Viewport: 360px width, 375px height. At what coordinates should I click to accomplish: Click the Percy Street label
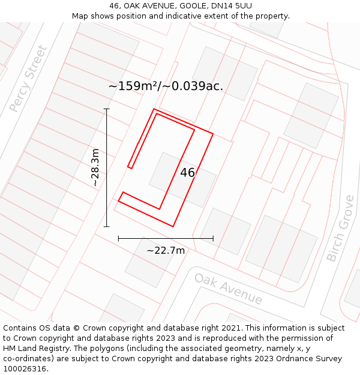[28, 79]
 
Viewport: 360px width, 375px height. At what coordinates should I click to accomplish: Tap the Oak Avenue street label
[228, 289]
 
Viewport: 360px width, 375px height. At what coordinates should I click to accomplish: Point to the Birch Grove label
[341, 229]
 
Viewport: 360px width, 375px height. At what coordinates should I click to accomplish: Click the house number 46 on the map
[188, 173]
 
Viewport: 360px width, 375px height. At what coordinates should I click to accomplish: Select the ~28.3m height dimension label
[95, 168]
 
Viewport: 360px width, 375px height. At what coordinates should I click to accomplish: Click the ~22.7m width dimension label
[166, 250]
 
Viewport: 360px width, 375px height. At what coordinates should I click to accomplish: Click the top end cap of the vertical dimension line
[107, 109]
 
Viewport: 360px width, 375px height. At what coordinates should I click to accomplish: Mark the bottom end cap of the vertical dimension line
[107, 227]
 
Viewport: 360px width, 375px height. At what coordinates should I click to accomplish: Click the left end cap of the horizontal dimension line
[118, 238]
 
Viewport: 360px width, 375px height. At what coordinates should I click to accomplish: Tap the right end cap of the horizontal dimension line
[213, 238]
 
